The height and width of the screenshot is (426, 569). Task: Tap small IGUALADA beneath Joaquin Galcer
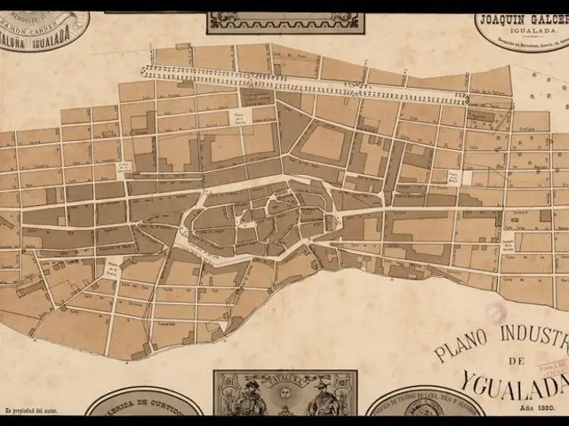521,29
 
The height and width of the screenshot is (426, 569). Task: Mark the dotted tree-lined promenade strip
302,84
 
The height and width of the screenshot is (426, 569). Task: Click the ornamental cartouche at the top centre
282,22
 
